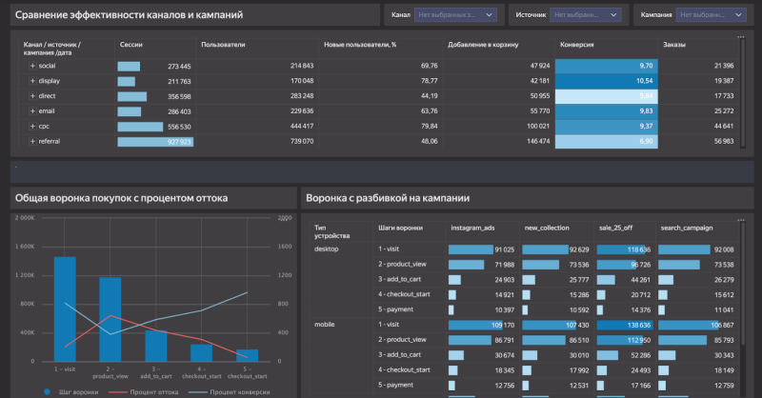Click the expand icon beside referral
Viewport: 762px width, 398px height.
click(x=32, y=141)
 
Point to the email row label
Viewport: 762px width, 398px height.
click(x=48, y=111)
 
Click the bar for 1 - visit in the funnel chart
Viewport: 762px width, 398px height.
click(x=65, y=309)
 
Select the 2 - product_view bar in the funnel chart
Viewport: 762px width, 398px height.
click(x=110, y=320)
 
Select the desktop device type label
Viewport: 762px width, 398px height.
click(x=329, y=248)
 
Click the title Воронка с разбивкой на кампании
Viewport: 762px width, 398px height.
click(x=387, y=198)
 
